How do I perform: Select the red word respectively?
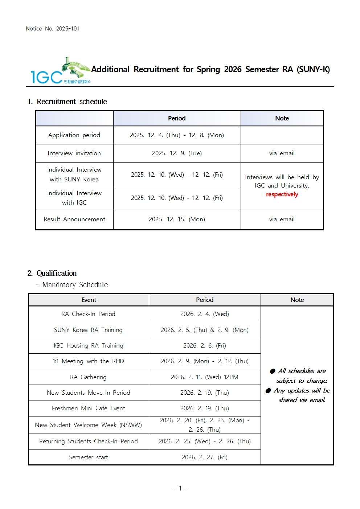[282, 194]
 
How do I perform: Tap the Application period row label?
[74, 135]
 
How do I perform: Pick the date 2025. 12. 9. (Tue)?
[177, 153]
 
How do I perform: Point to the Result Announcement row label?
[74, 219]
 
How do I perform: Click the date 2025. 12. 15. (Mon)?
[177, 219]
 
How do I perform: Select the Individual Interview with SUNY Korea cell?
[74, 175]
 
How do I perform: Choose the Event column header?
[89, 300]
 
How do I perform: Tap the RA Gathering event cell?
[88, 377]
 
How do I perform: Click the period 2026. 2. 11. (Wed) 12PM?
[204, 377]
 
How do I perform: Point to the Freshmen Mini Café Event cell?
[88, 409]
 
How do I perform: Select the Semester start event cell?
[88, 457]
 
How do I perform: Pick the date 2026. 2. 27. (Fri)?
[204, 457]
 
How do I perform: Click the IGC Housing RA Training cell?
[88, 346]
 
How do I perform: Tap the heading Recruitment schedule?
[71, 102]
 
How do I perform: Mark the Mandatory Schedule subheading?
[75, 285]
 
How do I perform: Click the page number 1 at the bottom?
[180, 488]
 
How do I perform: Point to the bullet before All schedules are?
[273, 371]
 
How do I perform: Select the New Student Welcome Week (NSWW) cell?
[88, 425]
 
